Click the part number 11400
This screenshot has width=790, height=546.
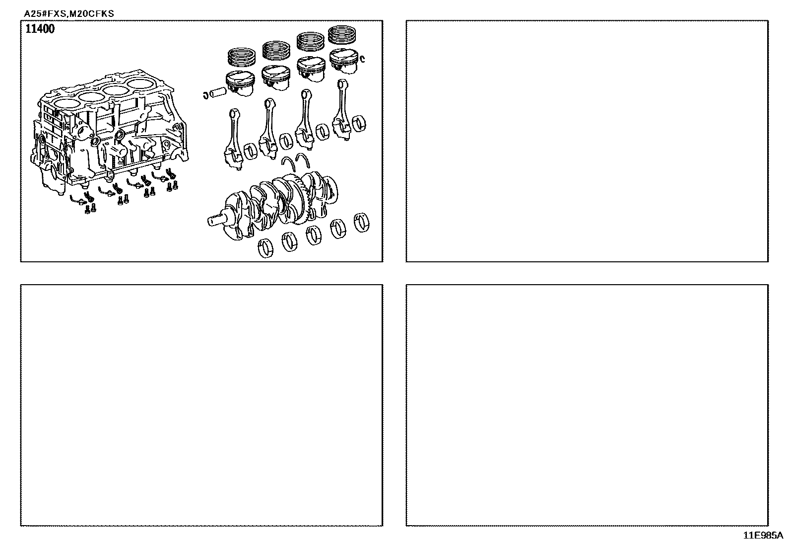point(40,29)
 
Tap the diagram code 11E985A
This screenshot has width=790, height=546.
point(763,536)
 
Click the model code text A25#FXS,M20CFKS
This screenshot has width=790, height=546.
point(69,14)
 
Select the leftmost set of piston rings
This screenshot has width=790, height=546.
point(242,57)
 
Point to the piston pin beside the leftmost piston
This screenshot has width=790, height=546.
point(218,93)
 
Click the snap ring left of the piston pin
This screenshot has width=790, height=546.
point(205,95)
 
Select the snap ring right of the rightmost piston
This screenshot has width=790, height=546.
point(363,59)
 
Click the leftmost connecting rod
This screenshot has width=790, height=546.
point(233,140)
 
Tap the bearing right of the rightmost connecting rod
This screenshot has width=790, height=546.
point(359,124)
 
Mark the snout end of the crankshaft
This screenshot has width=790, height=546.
point(216,220)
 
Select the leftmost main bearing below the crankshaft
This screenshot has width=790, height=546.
point(265,248)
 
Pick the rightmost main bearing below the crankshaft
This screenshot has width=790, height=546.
point(361,223)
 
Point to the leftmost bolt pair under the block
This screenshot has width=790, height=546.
point(90,208)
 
